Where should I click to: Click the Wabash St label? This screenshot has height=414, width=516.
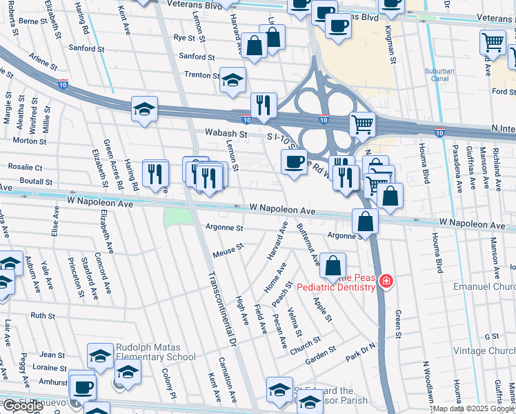click(x=225, y=133)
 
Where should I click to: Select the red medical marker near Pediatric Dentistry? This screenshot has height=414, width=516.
click(x=386, y=282)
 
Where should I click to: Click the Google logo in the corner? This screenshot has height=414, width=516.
click(x=23, y=406)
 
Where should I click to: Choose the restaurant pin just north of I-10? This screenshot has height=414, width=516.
click(x=263, y=106)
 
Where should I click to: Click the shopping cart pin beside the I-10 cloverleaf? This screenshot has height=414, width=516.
click(x=362, y=125)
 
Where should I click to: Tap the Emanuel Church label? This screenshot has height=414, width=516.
click(x=483, y=286)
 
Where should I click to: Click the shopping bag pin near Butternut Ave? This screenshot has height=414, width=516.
click(x=333, y=266)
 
